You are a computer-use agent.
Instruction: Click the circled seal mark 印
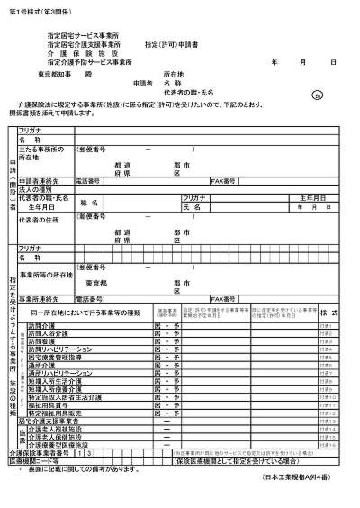pyautogui.click(x=317, y=94)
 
